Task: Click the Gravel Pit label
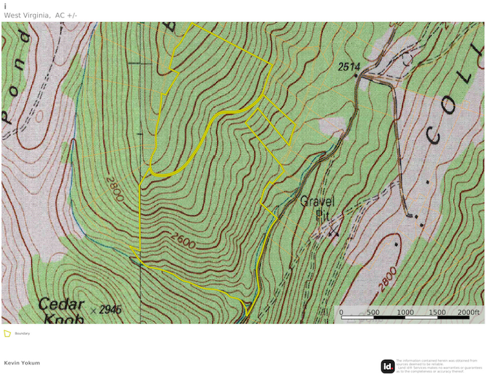pos(317,207)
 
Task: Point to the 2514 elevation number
pos(348,67)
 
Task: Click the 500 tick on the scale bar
pos(373,312)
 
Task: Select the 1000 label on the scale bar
pos(405,312)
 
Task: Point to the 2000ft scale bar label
pos(468,312)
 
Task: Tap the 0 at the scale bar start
pos(341,312)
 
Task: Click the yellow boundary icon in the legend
pos(7,333)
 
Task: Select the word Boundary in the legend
pos(22,333)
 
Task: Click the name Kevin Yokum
pos(22,363)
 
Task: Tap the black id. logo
pos(387,366)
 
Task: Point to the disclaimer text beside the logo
pos(439,366)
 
